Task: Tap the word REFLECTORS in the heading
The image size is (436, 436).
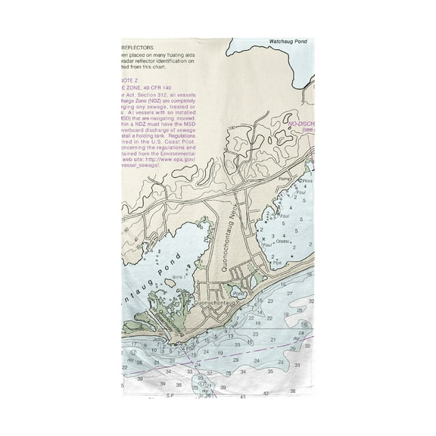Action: (139, 47)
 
